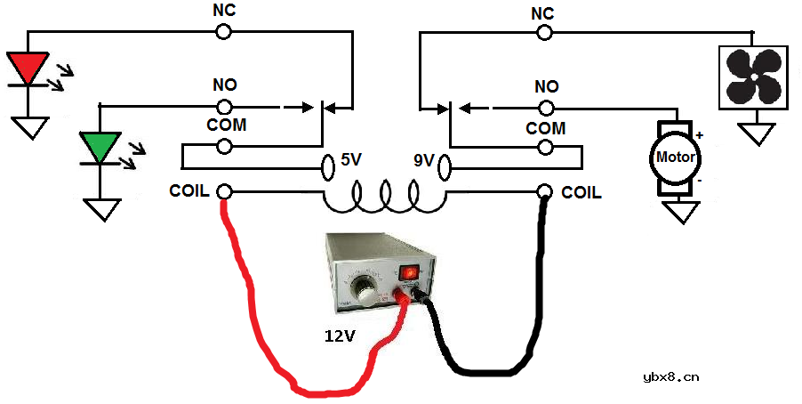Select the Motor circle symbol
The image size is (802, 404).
point(676,158)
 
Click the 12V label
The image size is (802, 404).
point(339,337)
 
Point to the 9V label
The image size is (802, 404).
point(423,161)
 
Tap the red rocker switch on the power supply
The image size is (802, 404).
point(411,272)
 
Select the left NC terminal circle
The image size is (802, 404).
point(224,32)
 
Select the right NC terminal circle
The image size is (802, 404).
point(544,32)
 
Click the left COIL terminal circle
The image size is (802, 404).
point(225,191)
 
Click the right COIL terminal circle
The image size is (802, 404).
point(544,191)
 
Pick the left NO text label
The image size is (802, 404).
point(224,86)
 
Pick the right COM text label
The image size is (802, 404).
point(545,129)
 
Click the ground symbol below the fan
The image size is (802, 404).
point(758,133)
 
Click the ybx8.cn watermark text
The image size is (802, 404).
point(670,377)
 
